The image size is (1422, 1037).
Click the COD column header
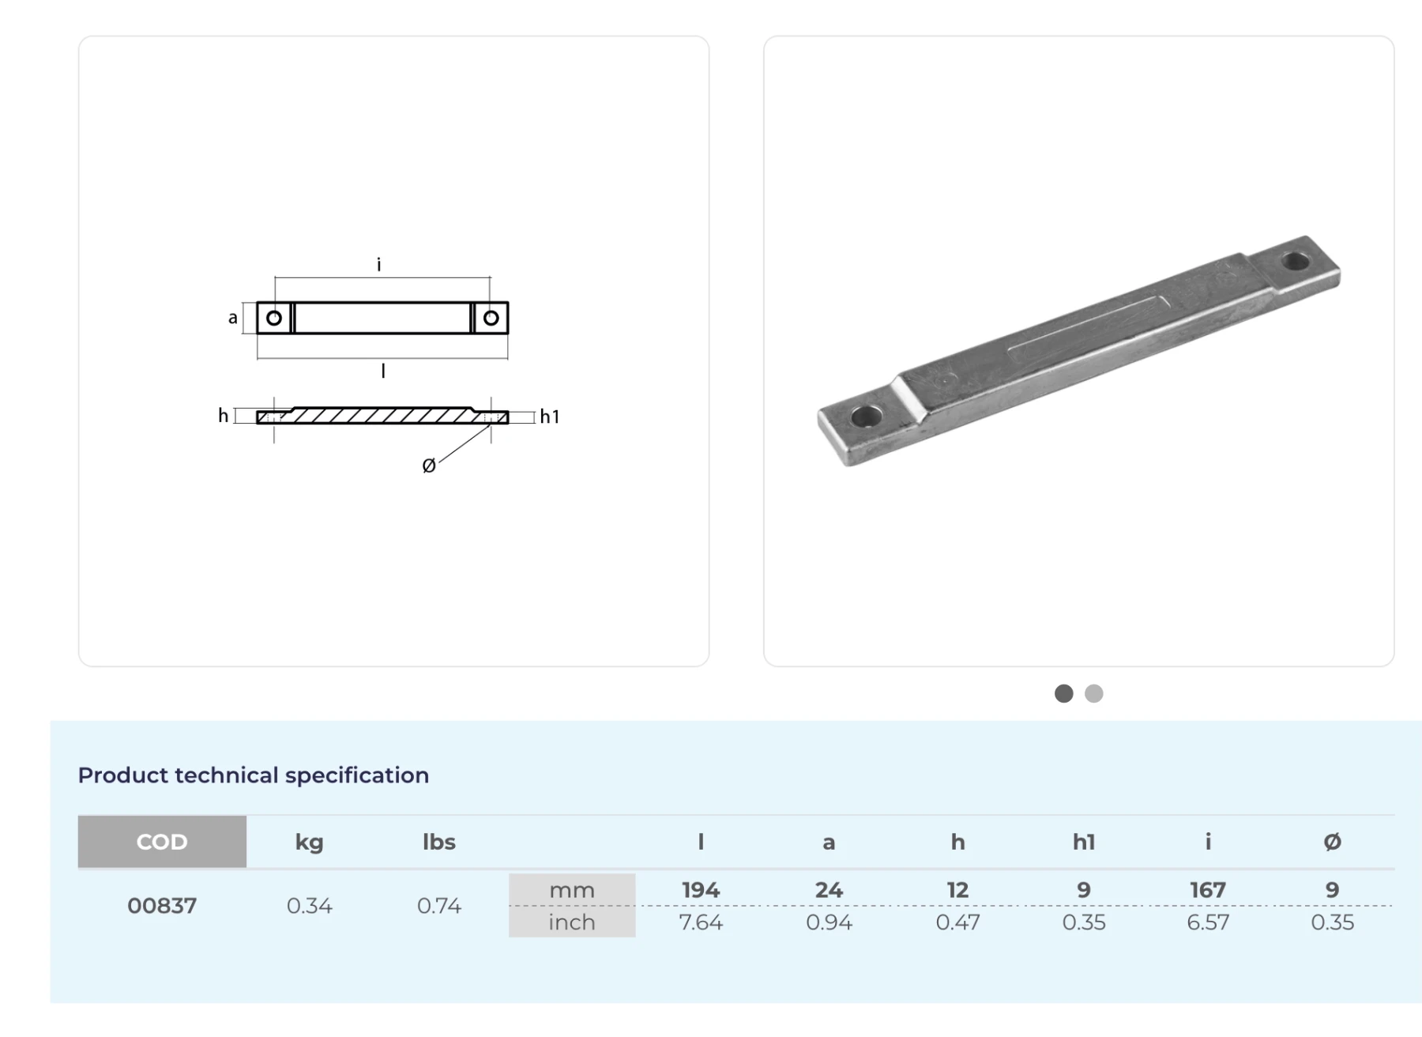[x=162, y=842]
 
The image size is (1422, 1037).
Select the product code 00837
[x=162, y=906]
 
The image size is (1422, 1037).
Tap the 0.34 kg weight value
[x=310, y=906]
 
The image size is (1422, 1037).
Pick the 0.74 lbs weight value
[x=438, y=906]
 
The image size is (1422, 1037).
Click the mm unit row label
[x=572, y=890]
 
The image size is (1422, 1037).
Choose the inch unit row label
[x=572, y=922]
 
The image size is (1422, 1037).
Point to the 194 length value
[x=701, y=890]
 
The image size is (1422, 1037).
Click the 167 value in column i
[x=1208, y=890]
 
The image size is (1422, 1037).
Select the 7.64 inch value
[x=701, y=922]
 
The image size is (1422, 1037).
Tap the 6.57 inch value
[x=1208, y=922]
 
